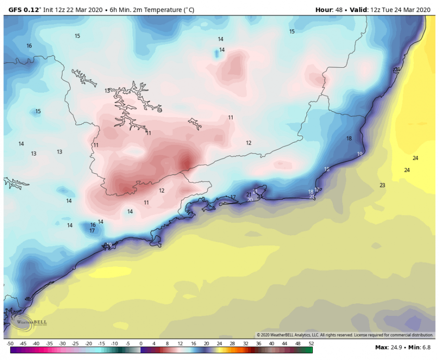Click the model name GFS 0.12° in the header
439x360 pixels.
pos(24,10)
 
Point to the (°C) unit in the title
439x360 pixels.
pos(188,10)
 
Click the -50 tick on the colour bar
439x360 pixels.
pos(10,344)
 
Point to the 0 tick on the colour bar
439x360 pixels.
pos(141,344)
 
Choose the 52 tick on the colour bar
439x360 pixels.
pos(311,344)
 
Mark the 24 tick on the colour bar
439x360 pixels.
pos(219,344)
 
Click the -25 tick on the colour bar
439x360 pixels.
pos(75,344)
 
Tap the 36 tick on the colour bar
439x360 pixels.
pos(259,344)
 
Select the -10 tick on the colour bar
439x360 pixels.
pos(114,344)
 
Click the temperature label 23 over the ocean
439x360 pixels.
pos(382,185)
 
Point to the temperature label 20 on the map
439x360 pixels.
pos(250,200)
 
